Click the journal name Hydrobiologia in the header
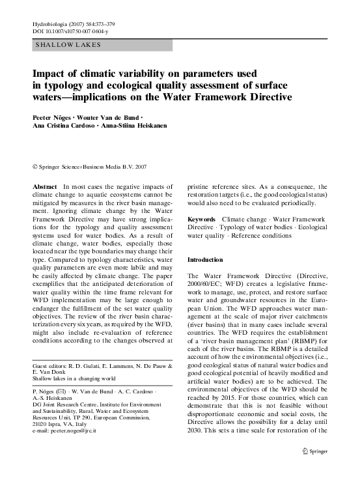pos(49,23)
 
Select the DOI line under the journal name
pos(70,31)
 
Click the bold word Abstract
pos(44,186)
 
